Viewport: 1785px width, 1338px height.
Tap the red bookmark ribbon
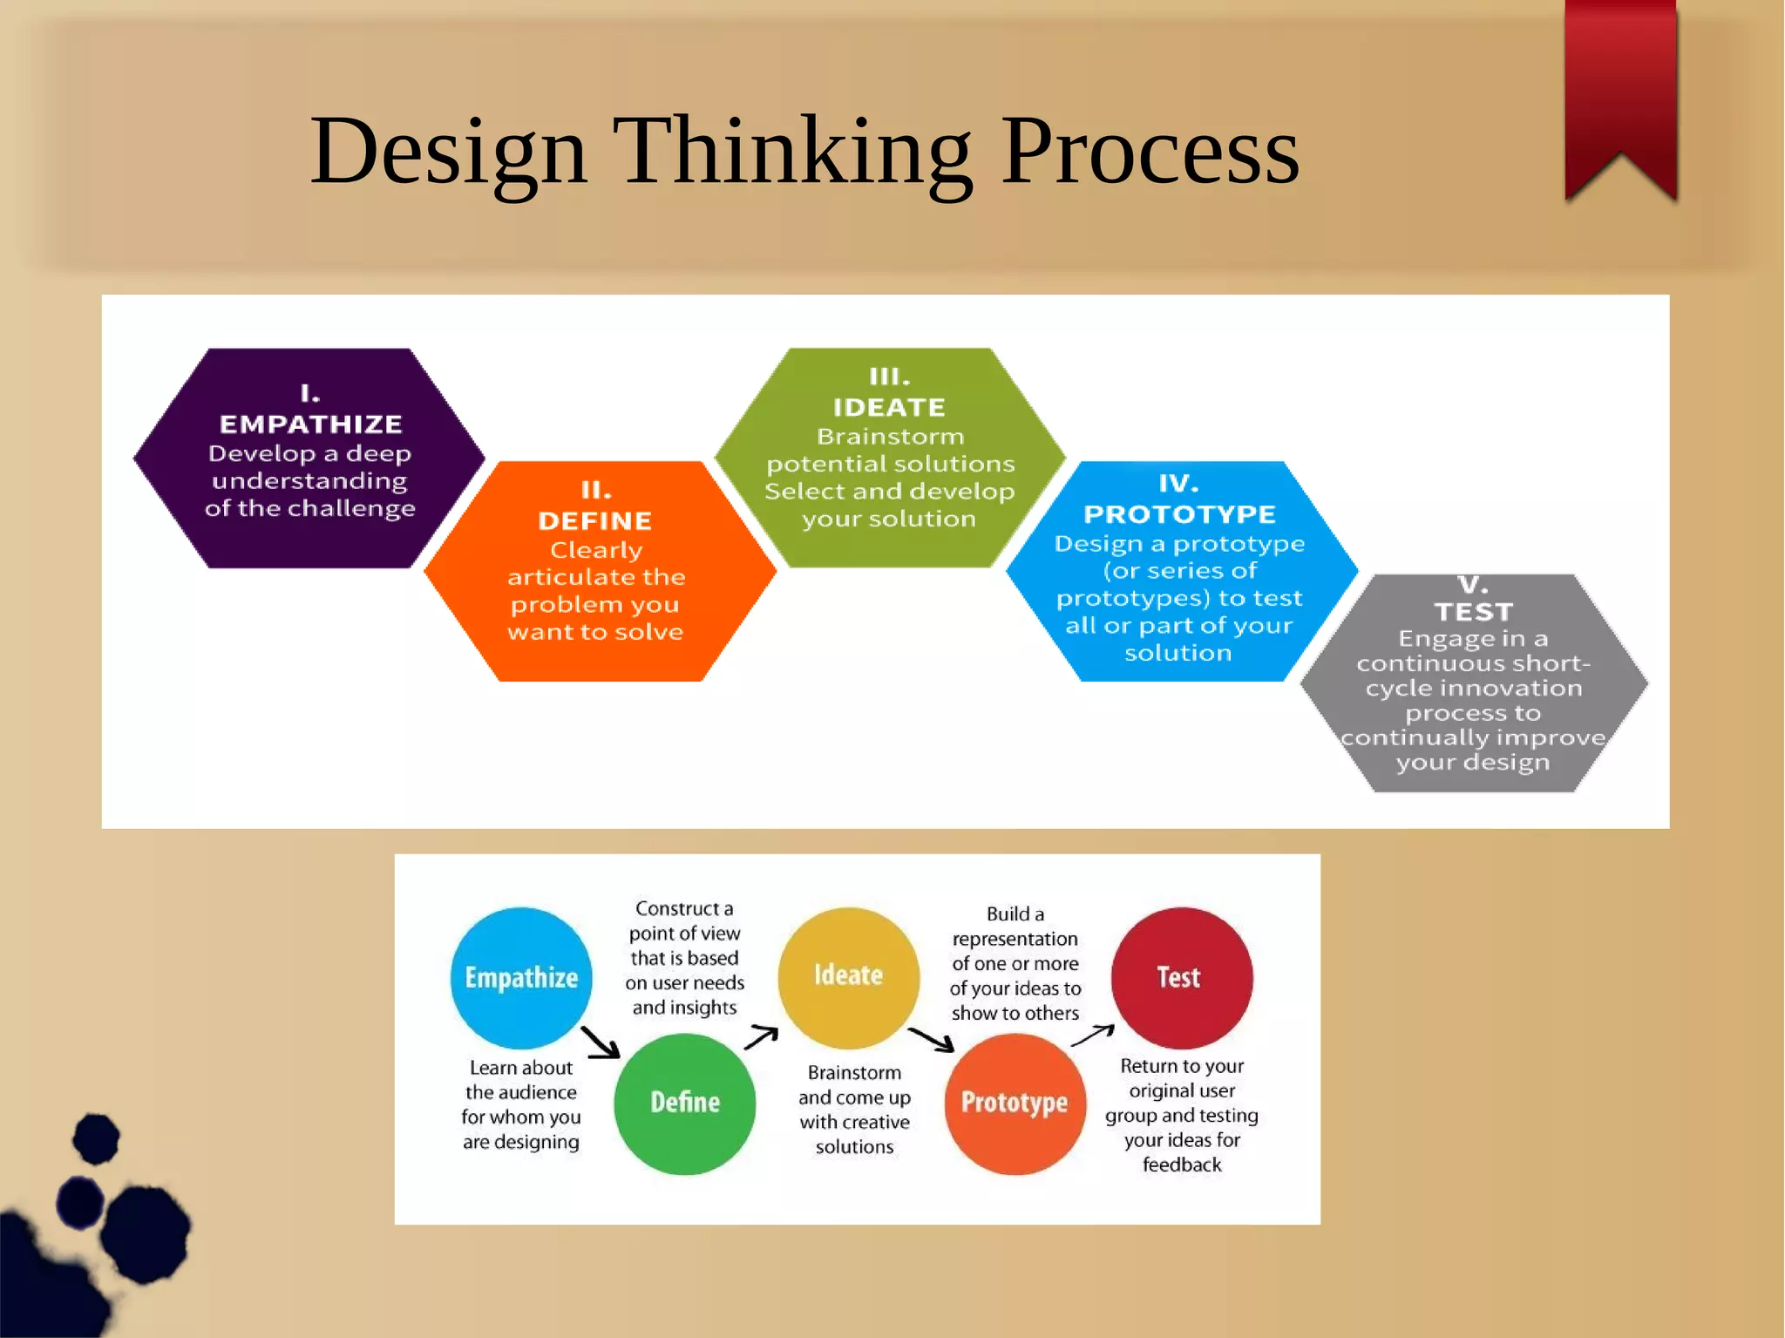coord(1620,87)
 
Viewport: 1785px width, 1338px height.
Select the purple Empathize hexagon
coord(309,458)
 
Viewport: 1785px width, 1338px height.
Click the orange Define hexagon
coord(600,572)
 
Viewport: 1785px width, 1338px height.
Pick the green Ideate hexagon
coord(890,458)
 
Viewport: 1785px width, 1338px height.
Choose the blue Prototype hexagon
coord(1181,572)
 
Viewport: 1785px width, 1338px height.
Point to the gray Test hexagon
coord(1473,683)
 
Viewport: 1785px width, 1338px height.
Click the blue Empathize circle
coord(521,978)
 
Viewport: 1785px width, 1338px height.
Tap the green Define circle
coord(685,1104)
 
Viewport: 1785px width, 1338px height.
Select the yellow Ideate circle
coord(848,977)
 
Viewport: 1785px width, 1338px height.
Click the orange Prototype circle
coord(1015,1104)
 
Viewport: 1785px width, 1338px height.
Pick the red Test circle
coord(1181,977)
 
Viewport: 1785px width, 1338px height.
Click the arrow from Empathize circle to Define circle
coord(601,1042)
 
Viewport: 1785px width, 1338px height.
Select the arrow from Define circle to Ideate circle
coord(761,1037)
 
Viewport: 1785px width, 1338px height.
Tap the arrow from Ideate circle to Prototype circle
coord(931,1039)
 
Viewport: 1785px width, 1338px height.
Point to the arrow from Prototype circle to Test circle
coord(1092,1036)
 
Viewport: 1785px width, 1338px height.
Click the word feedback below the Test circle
coord(1182,1165)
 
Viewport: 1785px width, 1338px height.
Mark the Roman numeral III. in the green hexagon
coord(890,377)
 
